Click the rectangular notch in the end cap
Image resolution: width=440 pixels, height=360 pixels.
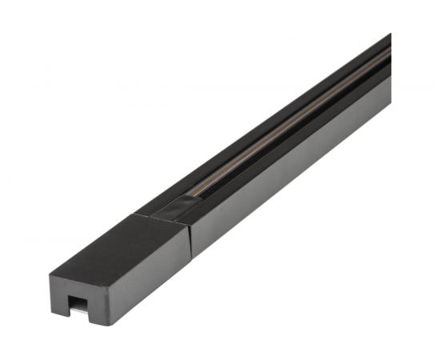[x=78, y=302]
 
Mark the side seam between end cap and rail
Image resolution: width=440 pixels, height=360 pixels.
[x=190, y=240]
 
